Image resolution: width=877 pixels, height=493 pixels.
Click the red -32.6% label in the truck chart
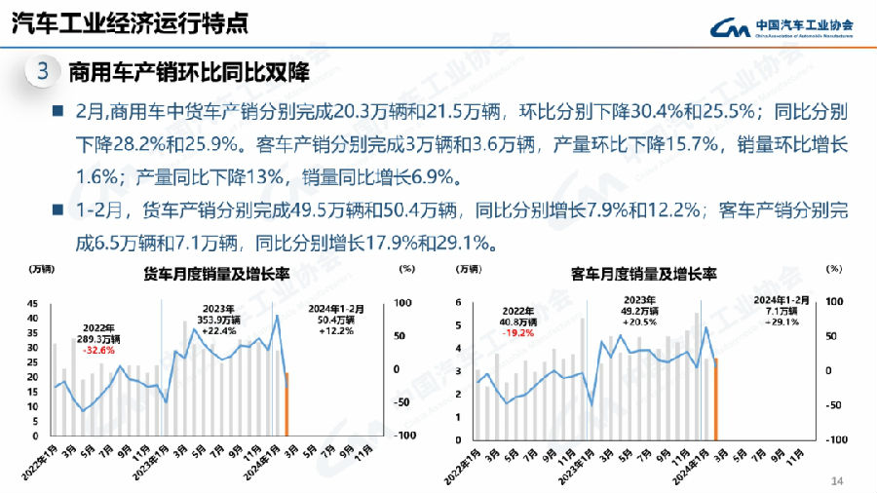coord(99,350)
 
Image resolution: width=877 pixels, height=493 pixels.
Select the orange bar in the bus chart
coord(715,398)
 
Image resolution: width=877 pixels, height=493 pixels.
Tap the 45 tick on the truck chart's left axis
coord(32,302)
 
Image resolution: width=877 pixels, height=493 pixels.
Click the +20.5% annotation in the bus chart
coord(640,322)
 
